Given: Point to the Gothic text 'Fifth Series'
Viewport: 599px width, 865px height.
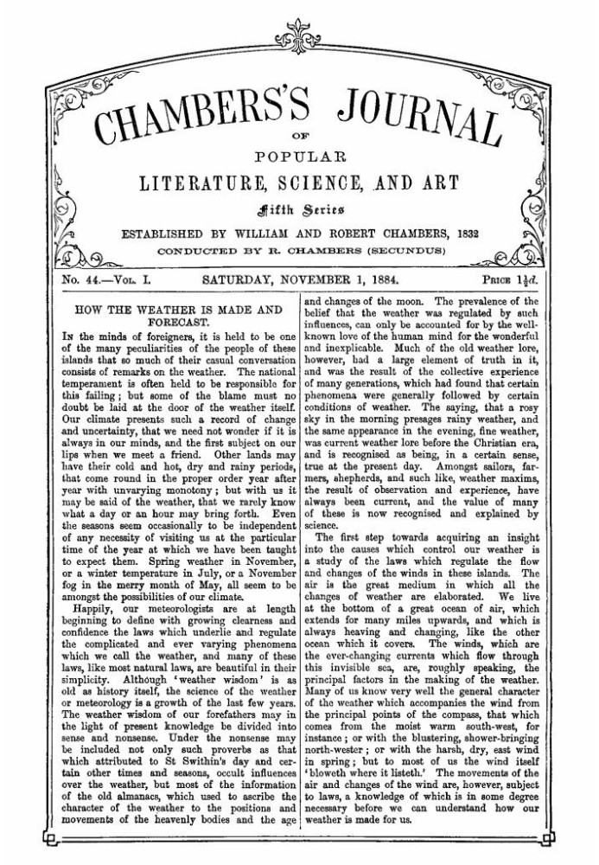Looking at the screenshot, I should pos(300,208).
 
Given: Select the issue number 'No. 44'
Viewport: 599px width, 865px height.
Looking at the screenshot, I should pos(84,280).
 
